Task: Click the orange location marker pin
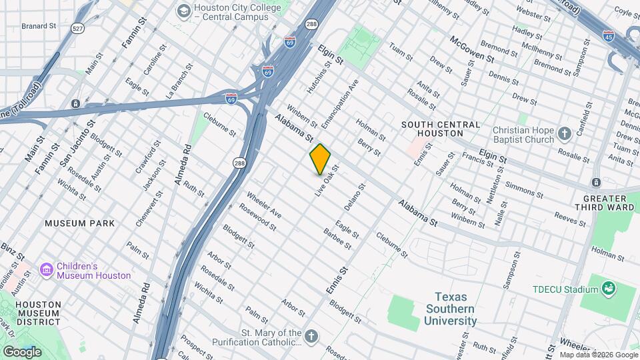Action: (320, 159)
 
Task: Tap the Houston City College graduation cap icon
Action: (183, 11)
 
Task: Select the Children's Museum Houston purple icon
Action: (47, 270)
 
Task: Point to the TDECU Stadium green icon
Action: (607, 289)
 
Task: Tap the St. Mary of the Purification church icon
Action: (311, 337)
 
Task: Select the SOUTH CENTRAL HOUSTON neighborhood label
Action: (440, 129)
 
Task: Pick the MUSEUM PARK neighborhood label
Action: (79, 223)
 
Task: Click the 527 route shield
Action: (78, 29)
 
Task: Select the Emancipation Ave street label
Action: (339, 103)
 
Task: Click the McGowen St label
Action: (471, 49)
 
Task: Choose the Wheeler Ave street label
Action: (264, 205)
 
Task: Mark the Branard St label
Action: (39, 26)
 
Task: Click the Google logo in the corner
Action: (22, 351)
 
